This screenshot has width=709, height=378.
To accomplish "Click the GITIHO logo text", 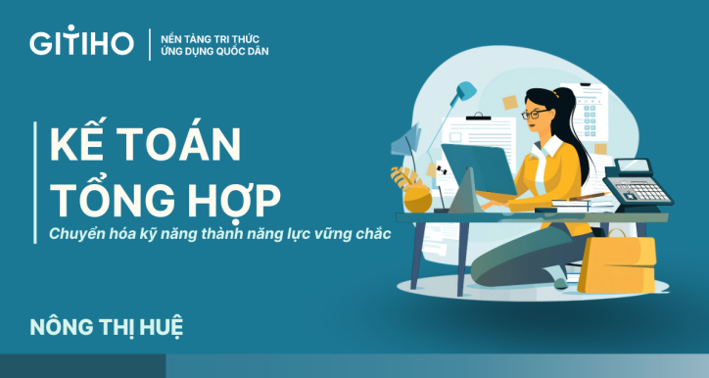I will tap(81, 44).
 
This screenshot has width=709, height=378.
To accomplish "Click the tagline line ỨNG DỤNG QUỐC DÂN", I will tap(207, 52).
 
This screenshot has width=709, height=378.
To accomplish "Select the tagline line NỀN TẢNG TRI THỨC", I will tap(207, 35).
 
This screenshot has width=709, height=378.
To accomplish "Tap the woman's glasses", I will tap(537, 115).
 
